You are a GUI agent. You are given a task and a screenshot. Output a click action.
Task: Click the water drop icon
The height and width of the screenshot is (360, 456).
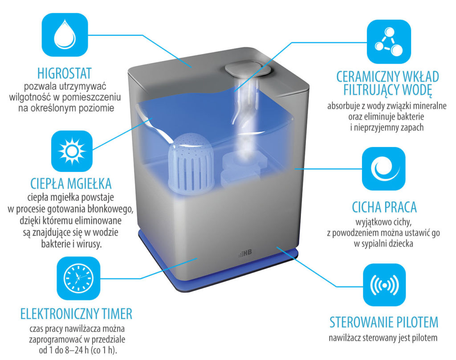[x=65, y=35]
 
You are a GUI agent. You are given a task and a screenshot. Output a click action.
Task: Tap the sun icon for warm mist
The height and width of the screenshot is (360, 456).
[x=72, y=151]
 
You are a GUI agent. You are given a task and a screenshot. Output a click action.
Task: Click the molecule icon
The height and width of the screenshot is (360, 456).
[x=388, y=41]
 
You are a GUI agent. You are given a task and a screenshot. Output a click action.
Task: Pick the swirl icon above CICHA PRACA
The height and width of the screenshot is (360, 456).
[x=383, y=169]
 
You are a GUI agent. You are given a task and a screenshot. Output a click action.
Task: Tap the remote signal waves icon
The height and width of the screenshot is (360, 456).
[x=384, y=285]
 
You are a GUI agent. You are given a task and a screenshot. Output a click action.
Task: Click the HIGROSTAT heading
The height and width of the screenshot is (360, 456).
[x=65, y=74]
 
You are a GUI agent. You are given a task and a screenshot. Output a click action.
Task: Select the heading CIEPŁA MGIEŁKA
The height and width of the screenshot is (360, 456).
[x=71, y=184]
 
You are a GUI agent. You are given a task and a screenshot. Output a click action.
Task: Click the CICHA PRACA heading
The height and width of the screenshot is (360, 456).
[x=384, y=207]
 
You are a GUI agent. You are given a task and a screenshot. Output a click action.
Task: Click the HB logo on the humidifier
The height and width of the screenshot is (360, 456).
[x=245, y=254]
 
